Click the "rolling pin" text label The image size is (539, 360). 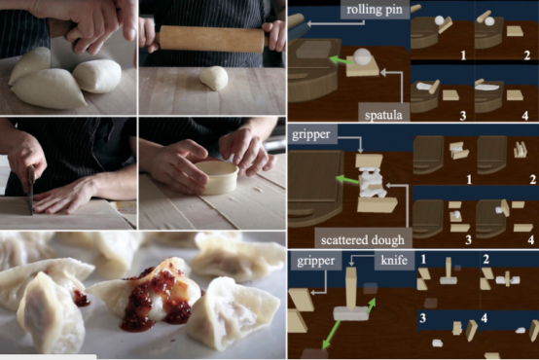coord(375,10)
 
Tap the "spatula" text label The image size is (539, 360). coord(383,115)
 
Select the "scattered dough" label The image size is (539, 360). coord(363,240)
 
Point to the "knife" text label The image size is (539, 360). coord(394,260)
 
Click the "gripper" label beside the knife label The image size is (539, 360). coord(315,261)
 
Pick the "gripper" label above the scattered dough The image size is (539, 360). coord(310,134)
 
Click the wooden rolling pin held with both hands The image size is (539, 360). coord(212,39)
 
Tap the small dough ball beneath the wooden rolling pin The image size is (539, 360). coord(214,78)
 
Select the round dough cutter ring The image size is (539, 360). coord(217,177)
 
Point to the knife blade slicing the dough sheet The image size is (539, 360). coord(31,190)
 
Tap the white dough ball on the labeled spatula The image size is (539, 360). coord(362,56)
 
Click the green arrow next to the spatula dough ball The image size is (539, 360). coord(341,60)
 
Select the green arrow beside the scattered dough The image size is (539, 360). coord(347,180)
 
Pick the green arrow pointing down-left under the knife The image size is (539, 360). coord(331,334)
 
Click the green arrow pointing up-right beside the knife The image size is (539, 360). coord(372,306)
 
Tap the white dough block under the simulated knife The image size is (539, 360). coord(350,314)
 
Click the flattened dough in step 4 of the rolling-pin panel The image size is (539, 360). coord(487,88)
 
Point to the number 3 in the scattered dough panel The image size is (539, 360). coord(468,239)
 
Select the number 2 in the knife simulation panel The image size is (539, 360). coord(485,259)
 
